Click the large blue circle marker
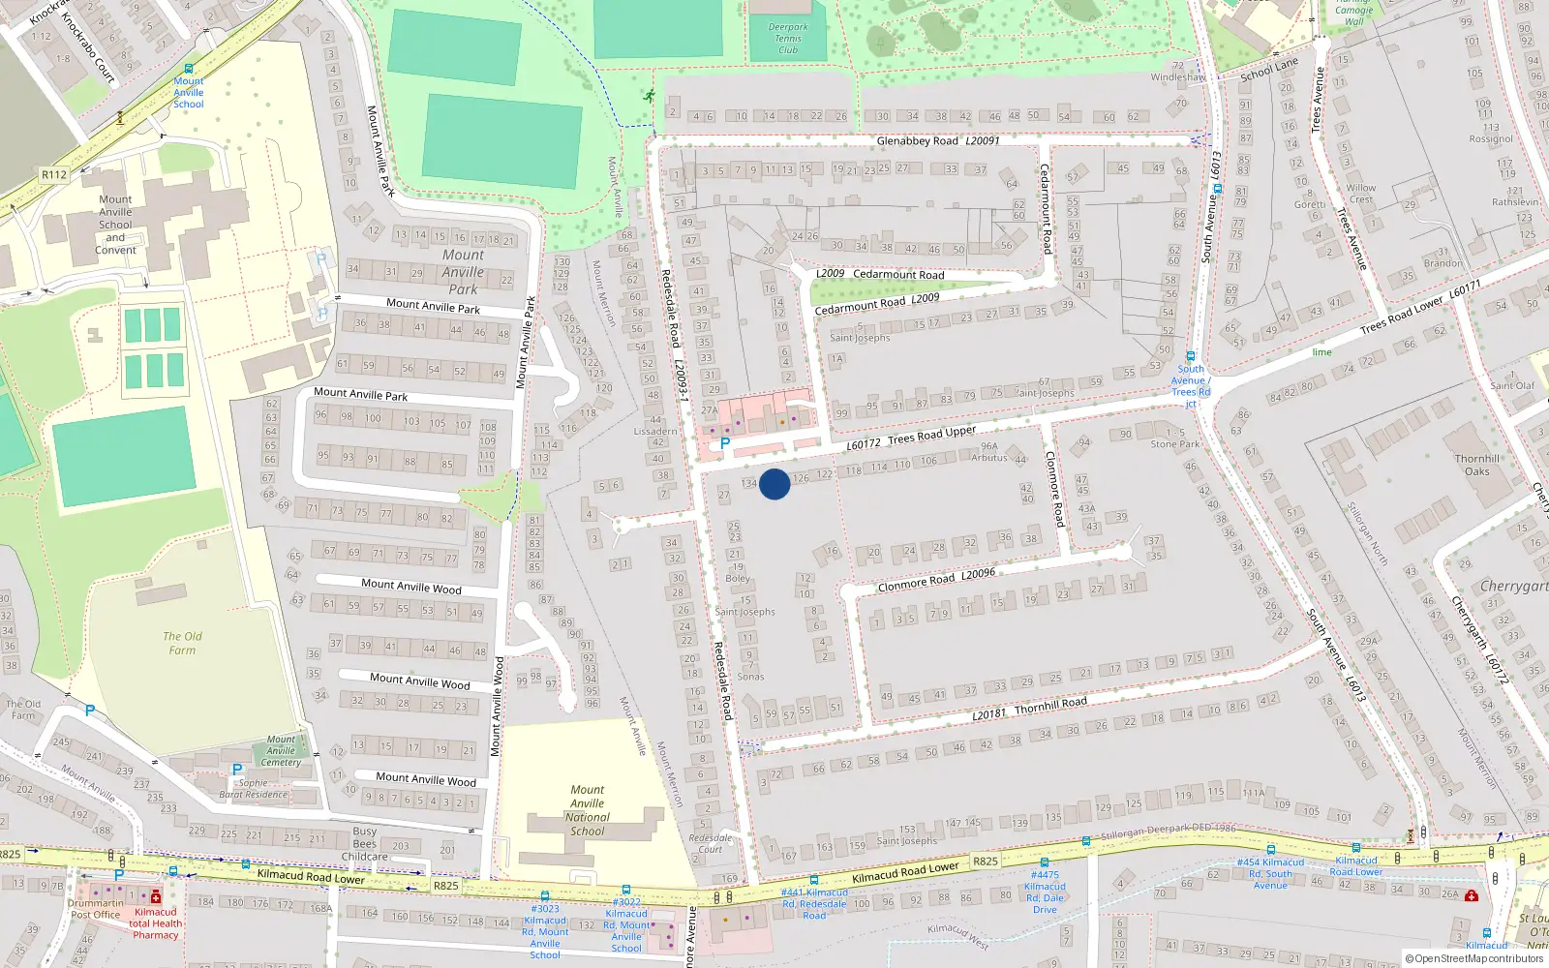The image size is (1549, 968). click(x=774, y=484)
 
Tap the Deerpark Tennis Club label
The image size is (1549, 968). click(x=788, y=39)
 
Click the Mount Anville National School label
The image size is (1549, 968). click(x=587, y=810)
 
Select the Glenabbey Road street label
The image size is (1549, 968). click(x=917, y=141)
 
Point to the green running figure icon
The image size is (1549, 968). click(x=649, y=96)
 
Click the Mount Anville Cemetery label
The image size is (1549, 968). click(x=281, y=750)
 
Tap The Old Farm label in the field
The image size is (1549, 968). click(x=182, y=643)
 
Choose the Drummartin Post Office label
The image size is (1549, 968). click(x=95, y=909)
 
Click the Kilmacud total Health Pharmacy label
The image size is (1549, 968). click(x=155, y=923)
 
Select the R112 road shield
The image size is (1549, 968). click(x=54, y=175)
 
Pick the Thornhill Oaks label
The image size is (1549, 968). click(x=1476, y=466)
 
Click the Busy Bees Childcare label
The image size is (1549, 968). click(x=365, y=843)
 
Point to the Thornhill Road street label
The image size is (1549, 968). click(x=1050, y=704)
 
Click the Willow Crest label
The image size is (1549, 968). click(x=1360, y=194)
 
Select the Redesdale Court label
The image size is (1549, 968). click(x=710, y=843)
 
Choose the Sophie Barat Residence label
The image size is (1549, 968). click(x=253, y=789)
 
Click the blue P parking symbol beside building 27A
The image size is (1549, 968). click(x=725, y=443)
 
